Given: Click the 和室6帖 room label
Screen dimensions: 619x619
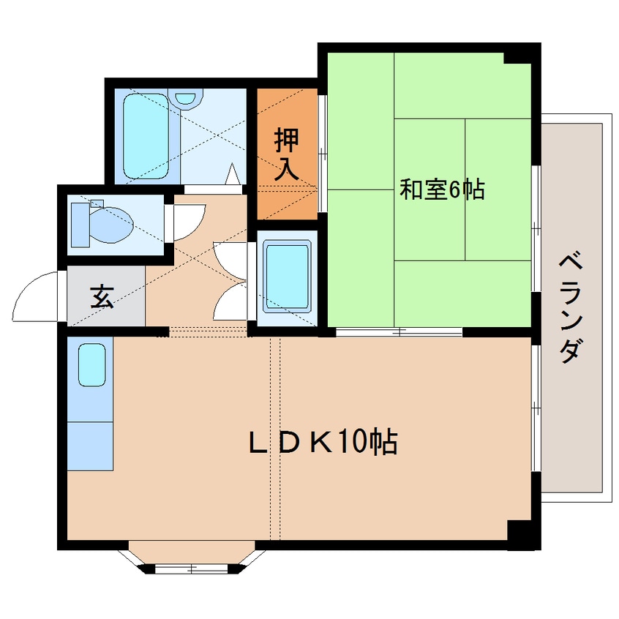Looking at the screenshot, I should [x=441, y=191].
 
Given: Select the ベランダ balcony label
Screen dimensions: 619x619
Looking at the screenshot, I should [x=571, y=308].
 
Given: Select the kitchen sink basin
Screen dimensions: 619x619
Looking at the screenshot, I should [x=91, y=364].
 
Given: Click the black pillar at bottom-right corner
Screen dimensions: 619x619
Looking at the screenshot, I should [x=522, y=535].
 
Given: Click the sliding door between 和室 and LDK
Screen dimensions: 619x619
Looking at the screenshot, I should [x=399, y=332].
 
